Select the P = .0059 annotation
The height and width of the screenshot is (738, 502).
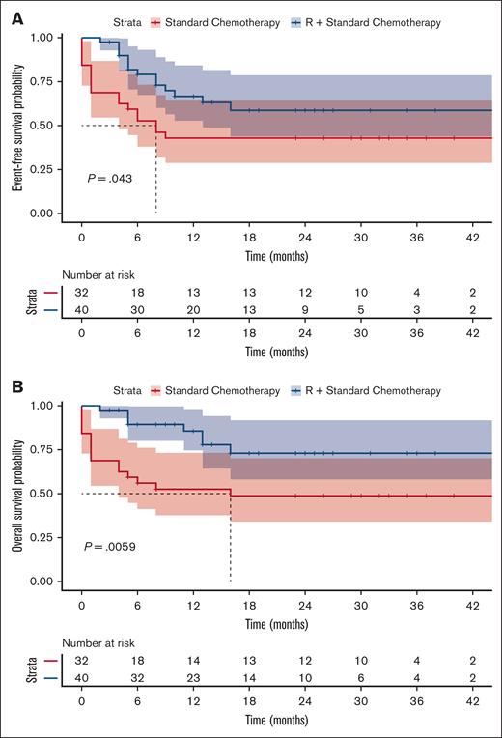(111, 545)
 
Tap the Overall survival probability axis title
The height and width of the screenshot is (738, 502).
(17, 494)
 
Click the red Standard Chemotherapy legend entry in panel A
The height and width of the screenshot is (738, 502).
(193, 22)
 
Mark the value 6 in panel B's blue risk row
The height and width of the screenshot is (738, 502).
(361, 678)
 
